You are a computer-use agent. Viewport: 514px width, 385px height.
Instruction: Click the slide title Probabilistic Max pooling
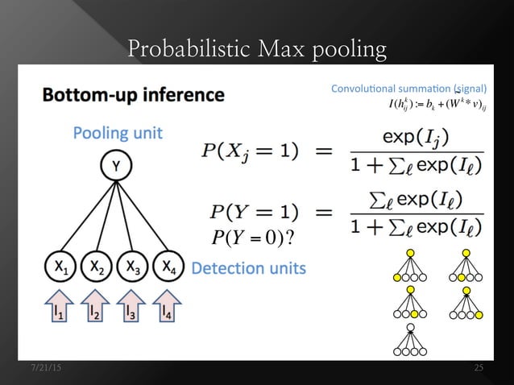coord(257,50)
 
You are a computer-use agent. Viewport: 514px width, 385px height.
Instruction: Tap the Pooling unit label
coord(118,133)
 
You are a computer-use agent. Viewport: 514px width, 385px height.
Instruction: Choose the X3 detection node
coord(131,265)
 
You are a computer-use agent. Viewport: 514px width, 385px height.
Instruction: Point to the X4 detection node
coord(167,265)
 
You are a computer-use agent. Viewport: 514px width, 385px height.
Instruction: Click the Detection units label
coord(248,267)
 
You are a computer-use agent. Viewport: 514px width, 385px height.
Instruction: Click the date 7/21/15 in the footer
coord(45,368)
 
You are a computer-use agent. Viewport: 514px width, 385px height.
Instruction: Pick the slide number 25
coord(479,368)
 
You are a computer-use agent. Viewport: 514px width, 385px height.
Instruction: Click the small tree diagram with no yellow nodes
coord(410,340)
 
